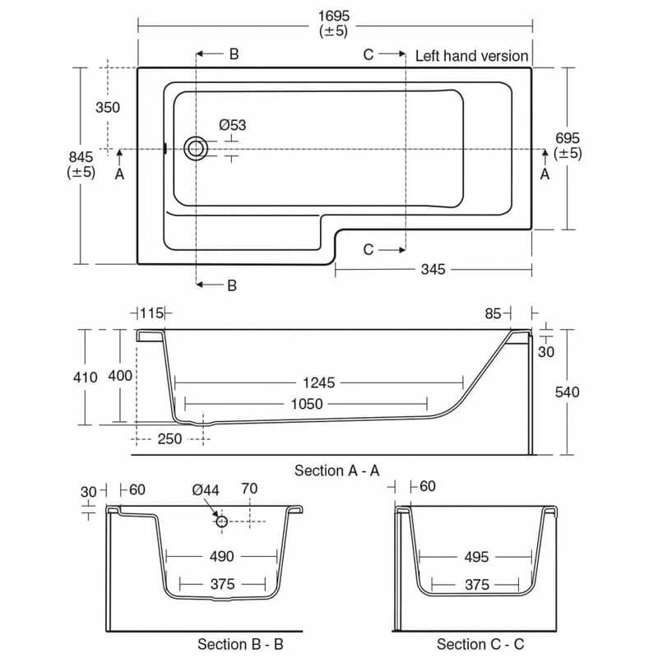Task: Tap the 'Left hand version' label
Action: click(471, 56)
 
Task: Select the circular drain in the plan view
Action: click(196, 149)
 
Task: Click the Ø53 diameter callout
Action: click(232, 125)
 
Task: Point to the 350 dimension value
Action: click(107, 108)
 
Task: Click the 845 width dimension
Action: click(81, 156)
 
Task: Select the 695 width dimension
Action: click(568, 139)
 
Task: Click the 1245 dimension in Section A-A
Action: click(318, 382)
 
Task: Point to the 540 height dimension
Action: click(567, 392)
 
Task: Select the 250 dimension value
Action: click(169, 439)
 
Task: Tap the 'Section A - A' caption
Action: click(336, 470)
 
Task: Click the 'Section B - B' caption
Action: click(240, 644)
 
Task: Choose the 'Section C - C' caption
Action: click(480, 644)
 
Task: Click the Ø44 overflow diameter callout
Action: click(206, 489)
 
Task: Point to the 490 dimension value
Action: click(222, 557)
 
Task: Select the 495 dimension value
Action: click(476, 557)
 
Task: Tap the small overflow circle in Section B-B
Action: click(222, 521)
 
